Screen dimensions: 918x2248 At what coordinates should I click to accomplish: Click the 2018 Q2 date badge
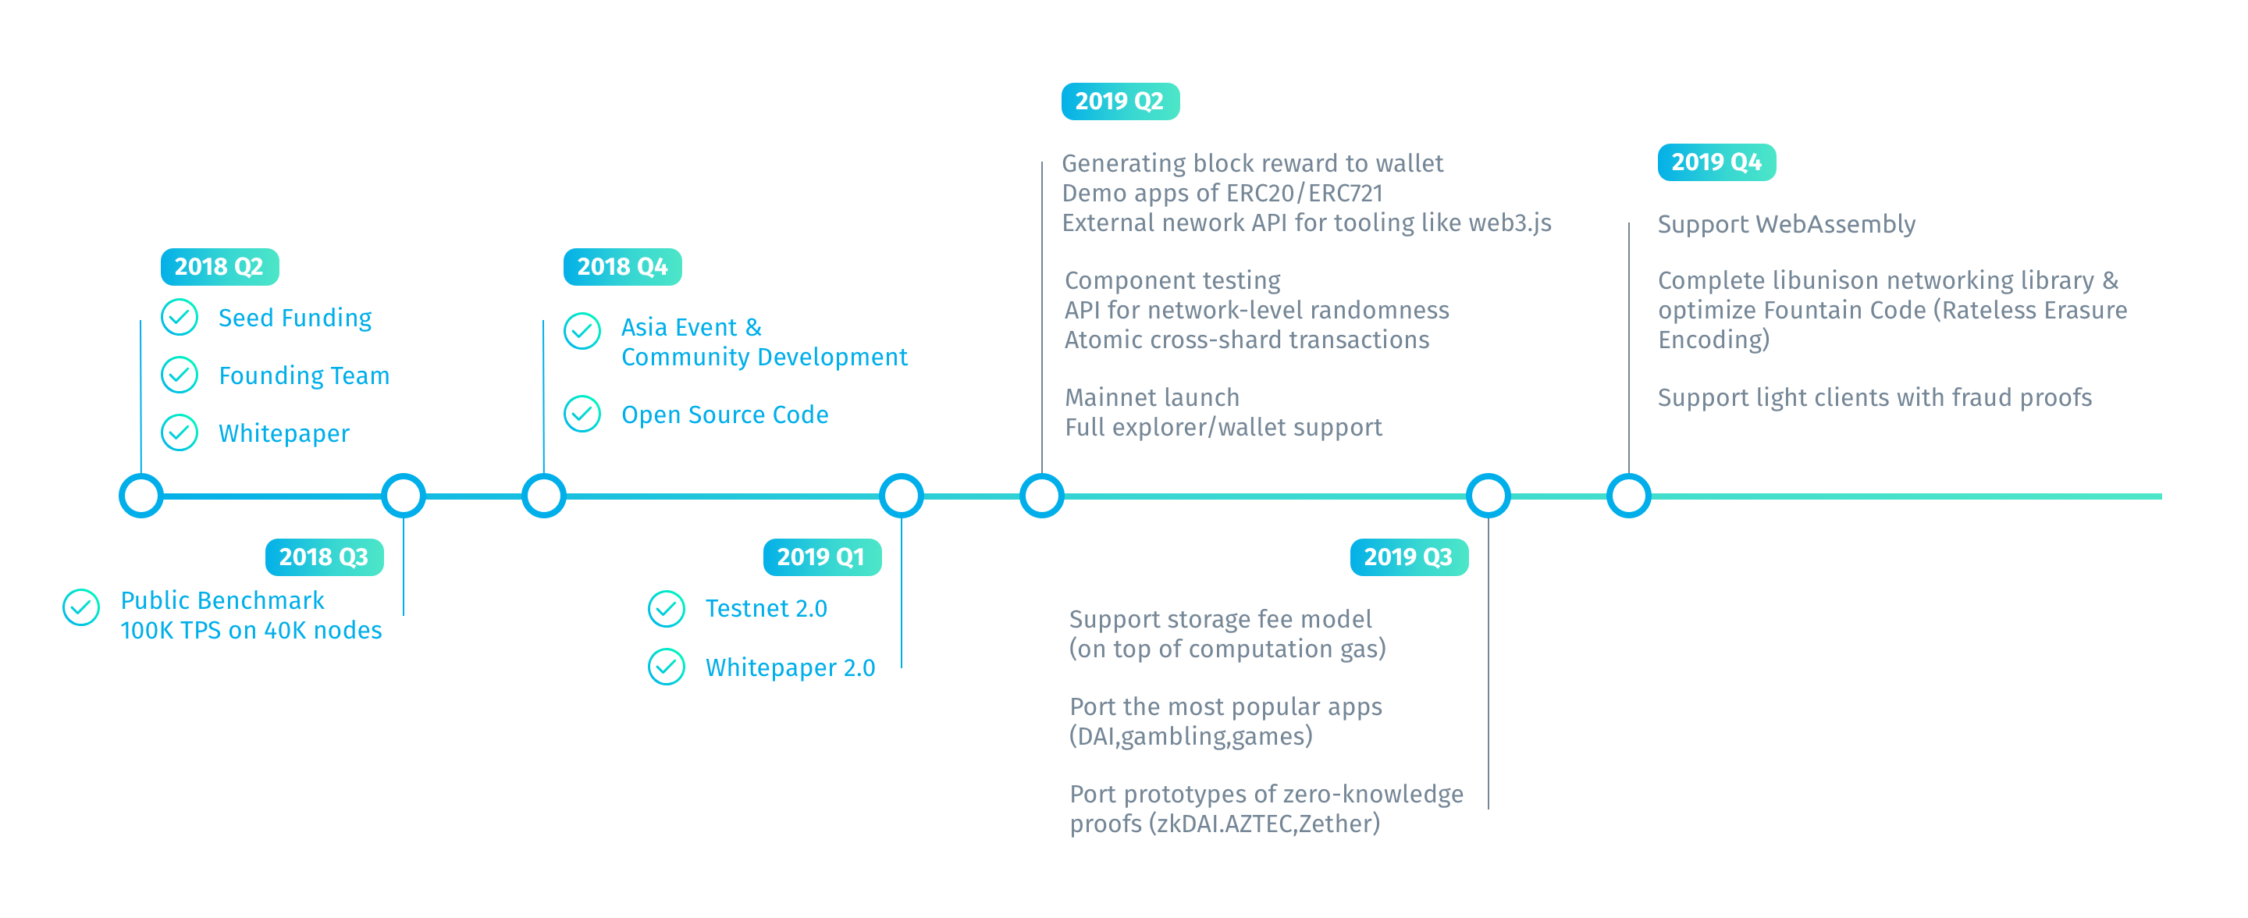[219, 267]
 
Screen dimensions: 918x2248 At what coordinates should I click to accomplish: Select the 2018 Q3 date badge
[324, 557]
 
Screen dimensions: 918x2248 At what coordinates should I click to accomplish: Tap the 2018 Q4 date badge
[622, 267]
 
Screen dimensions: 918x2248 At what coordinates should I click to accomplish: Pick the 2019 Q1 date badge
[821, 557]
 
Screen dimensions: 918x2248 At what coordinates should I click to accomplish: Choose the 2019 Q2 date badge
[1119, 101]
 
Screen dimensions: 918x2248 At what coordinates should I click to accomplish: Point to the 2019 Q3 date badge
[1408, 557]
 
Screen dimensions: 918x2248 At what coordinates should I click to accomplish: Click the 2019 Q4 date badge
[1716, 162]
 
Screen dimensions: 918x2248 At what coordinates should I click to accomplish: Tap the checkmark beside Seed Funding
[180, 318]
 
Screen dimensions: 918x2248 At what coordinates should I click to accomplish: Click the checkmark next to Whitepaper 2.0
[667, 667]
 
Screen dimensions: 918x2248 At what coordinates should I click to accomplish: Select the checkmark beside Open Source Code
[582, 415]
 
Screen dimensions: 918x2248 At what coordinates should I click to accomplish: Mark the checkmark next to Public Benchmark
[81, 607]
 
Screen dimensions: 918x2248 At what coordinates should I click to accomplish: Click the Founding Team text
[304, 376]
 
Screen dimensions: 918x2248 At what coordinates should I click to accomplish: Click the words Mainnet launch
[1152, 398]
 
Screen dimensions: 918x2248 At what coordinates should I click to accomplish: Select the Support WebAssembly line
[1787, 225]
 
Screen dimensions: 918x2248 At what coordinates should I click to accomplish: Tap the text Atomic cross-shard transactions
[1247, 340]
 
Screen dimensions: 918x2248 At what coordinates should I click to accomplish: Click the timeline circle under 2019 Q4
[1628, 496]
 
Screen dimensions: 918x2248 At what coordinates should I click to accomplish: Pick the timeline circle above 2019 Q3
[1488, 496]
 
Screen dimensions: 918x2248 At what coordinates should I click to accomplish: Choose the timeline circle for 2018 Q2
[141, 496]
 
